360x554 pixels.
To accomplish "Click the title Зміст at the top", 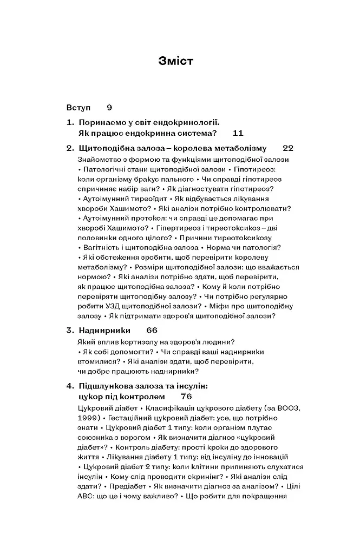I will (176, 61).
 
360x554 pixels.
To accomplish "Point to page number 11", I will (237, 133).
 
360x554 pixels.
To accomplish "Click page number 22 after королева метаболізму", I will (288, 148).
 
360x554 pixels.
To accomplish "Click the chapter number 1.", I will (69, 123).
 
